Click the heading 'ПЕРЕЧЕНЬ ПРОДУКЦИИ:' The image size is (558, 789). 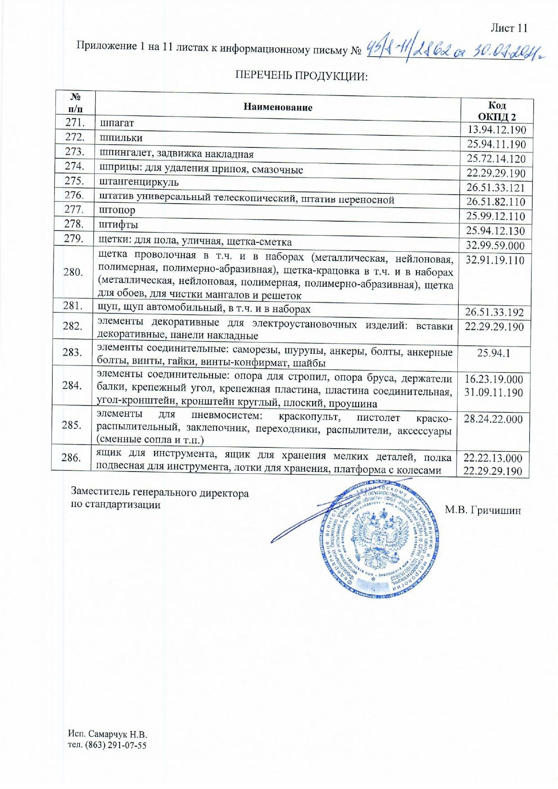point(301,76)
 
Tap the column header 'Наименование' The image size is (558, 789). point(278,107)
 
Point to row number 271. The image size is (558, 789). point(75,122)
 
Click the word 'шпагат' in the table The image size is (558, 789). point(116,123)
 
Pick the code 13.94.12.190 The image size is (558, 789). point(496,130)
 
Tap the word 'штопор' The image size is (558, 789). point(117,210)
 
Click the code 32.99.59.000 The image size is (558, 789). point(496,245)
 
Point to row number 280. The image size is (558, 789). point(74,272)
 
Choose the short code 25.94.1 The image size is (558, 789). point(493,353)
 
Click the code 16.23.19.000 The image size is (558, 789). point(494,379)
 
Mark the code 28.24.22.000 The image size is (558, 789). point(493,419)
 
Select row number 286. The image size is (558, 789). point(71,458)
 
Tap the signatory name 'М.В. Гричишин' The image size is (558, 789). point(483,510)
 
